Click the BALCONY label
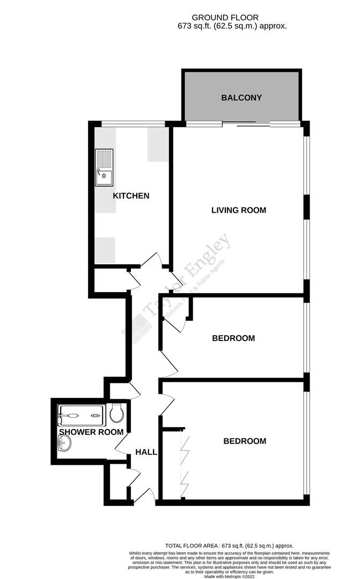coord(241,98)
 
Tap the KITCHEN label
coord(131,196)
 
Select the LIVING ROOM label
coord(238,210)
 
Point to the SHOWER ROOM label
coord(91,432)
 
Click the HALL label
coord(146,452)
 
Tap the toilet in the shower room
coord(117,413)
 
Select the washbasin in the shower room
coord(64,443)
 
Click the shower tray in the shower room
coord(80,414)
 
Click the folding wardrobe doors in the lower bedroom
coord(185,463)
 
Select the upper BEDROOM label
coord(233,338)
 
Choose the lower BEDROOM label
coord(245,441)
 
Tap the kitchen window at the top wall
coord(134,124)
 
